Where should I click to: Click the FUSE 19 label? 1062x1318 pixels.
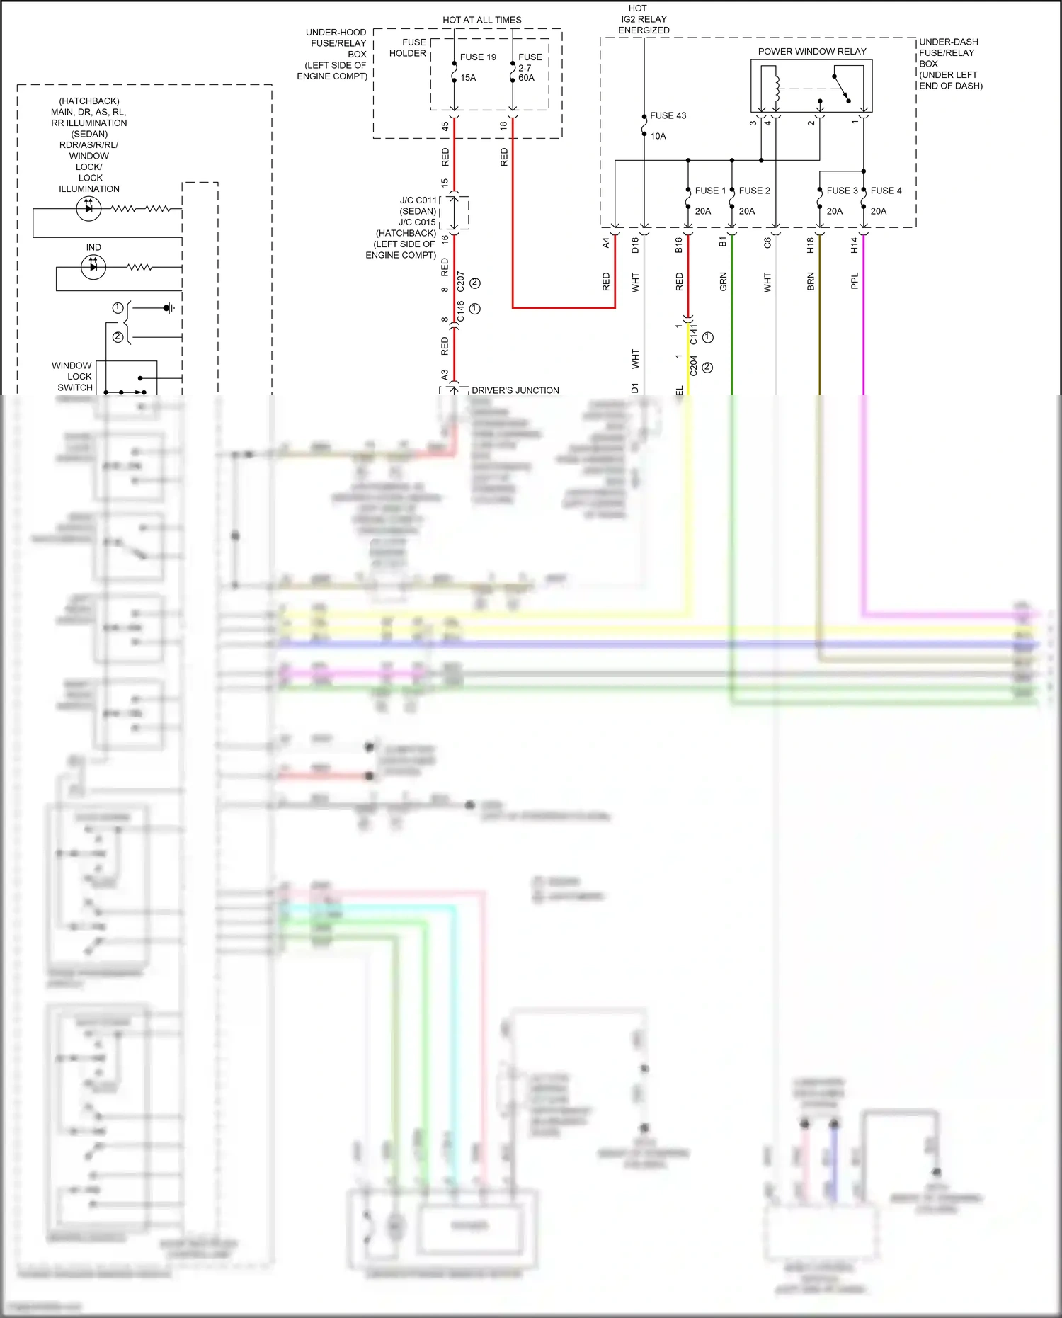pos(478,57)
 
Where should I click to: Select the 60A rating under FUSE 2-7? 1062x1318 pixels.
pos(526,78)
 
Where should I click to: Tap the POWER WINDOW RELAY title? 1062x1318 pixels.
pos(811,52)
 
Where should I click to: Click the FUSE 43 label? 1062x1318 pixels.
pos(668,115)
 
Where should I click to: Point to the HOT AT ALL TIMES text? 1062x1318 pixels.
pos(481,20)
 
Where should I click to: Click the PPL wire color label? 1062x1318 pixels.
pos(855,281)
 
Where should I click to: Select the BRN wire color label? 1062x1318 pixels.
pos(811,282)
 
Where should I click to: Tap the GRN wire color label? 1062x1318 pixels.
pos(723,282)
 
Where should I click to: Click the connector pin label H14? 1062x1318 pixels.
pos(855,245)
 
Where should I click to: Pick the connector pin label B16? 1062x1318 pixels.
pos(679,245)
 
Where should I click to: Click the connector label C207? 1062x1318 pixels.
pos(461,281)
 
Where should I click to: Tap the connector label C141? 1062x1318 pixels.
pos(694,334)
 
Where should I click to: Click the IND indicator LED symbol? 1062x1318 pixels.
pos(93,267)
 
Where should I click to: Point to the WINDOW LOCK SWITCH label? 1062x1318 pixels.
pos(73,376)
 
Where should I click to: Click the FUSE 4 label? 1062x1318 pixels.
pos(886,191)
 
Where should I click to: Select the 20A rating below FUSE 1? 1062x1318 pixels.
pos(702,211)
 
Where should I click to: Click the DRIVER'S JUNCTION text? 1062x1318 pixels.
pos(515,390)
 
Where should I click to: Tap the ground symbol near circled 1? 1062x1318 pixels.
pos(169,308)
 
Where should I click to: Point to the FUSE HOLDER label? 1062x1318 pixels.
pos(409,47)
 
